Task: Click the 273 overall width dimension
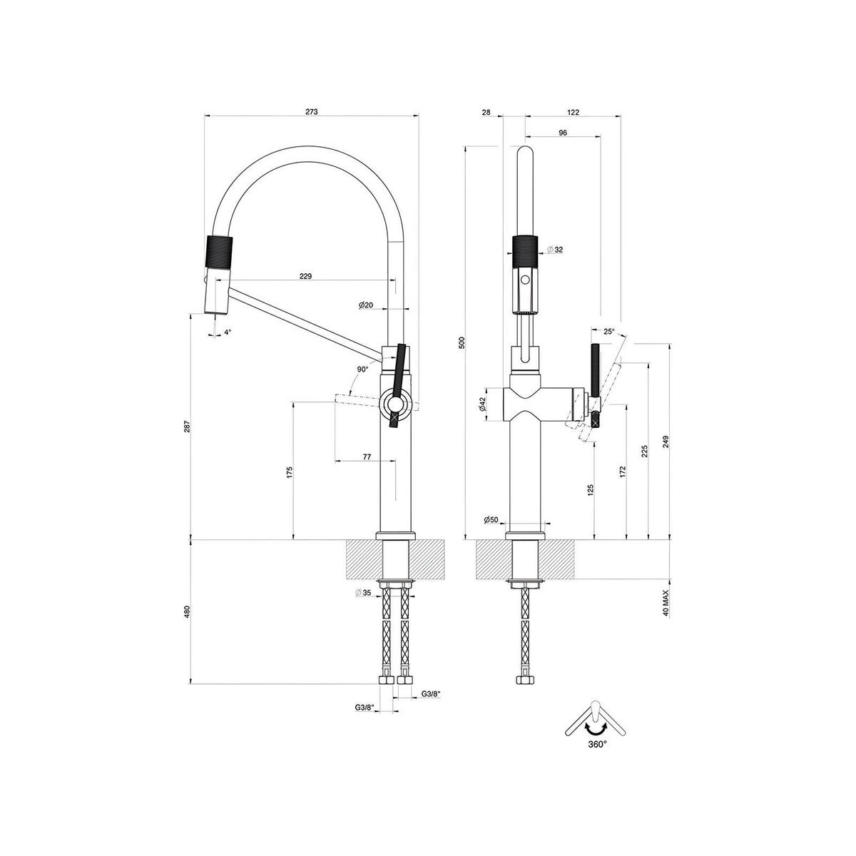pyautogui.click(x=311, y=112)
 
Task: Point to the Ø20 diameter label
pyautogui.click(x=366, y=305)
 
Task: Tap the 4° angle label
pyautogui.click(x=228, y=332)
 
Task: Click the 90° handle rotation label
pyautogui.click(x=363, y=369)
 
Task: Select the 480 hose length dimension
pyautogui.click(x=186, y=611)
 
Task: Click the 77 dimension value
pyautogui.click(x=367, y=457)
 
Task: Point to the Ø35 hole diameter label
pyautogui.click(x=363, y=593)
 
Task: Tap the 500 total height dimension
pyautogui.click(x=462, y=342)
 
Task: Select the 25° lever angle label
pyautogui.click(x=608, y=332)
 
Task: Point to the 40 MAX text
pyautogui.click(x=665, y=603)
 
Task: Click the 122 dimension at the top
pyautogui.click(x=573, y=112)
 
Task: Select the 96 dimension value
pyautogui.click(x=563, y=133)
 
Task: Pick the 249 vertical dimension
pyautogui.click(x=666, y=440)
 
